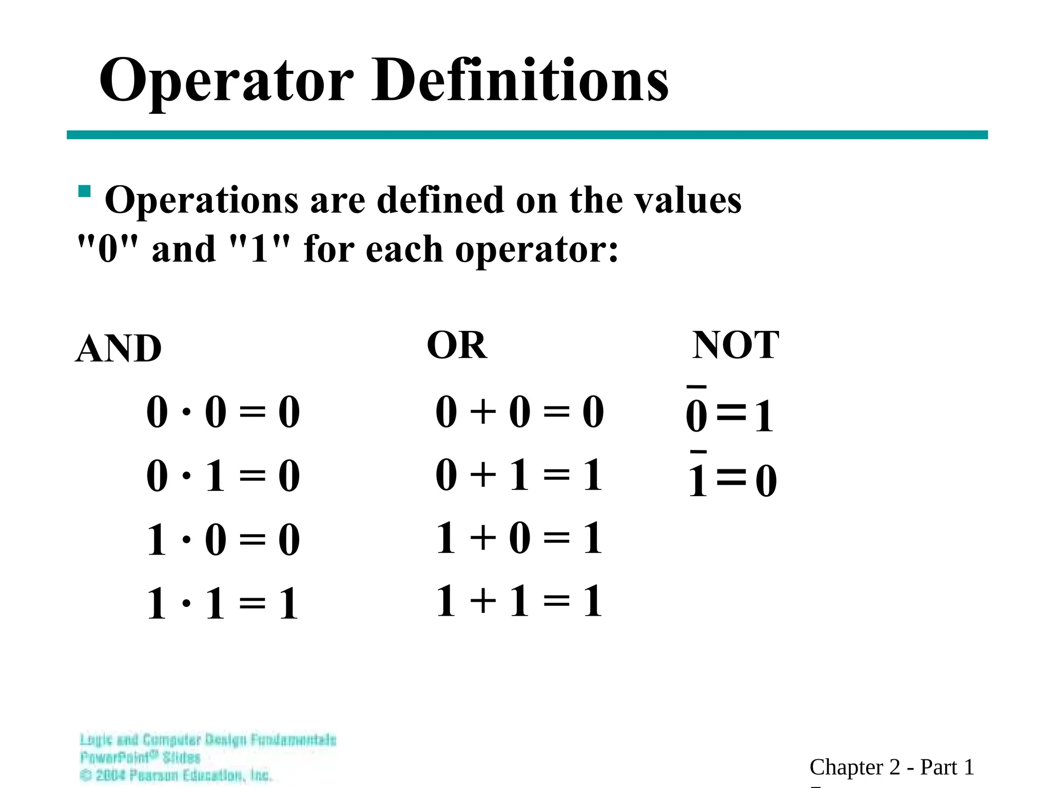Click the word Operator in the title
tap(226, 81)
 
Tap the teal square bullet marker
tap(85, 191)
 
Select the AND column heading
tap(119, 348)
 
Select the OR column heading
tap(457, 345)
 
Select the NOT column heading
tap(735, 345)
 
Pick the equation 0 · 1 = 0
tap(223, 476)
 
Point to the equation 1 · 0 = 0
tap(223, 540)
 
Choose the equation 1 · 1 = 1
tap(223, 604)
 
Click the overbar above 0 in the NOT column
tap(697, 387)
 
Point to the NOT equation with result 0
tap(732, 480)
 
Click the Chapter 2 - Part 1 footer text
tap(891, 767)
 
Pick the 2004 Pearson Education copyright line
tap(176, 775)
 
